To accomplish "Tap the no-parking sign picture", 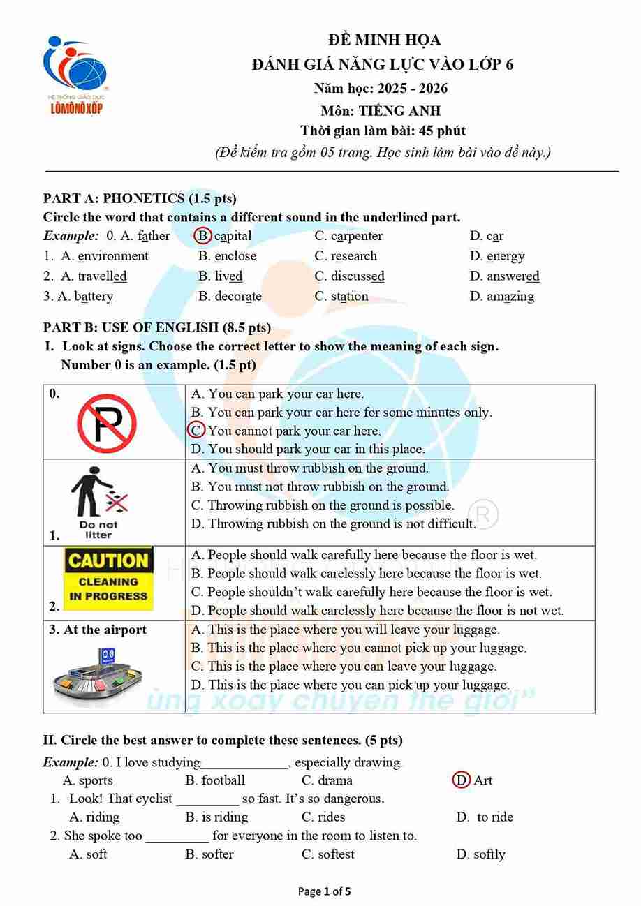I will [x=106, y=423].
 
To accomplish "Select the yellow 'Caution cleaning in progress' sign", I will [x=108, y=578].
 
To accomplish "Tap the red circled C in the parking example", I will [x=197, y=431].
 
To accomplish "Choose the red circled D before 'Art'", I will [x=461, y=780].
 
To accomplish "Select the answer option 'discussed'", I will [x=357, y=276].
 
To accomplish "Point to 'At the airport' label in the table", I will [x=98, y=630].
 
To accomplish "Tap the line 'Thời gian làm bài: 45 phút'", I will [x=383, y=131].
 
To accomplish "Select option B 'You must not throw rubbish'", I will [x=320, y=487].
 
